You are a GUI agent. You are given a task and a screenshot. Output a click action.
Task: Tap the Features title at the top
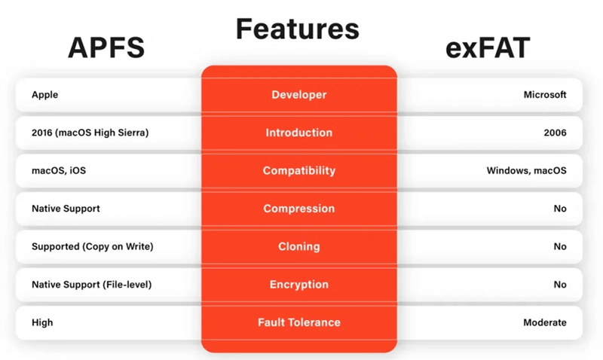pyautogui.click(x=298, y=29)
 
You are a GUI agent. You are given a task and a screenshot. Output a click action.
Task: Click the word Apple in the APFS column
pyautogui.click(x=44, y=95)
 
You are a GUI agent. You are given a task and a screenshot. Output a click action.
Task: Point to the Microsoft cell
pyautogui.click(x=544, y=95)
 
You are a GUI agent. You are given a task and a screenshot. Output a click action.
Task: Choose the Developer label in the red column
pyautogui.click(x=298, y=95)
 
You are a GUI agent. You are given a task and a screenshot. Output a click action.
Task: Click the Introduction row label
pyautogui.click(x=298, y=133)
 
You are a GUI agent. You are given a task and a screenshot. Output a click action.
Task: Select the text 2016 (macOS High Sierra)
pyautogui.click(x=90, y=133)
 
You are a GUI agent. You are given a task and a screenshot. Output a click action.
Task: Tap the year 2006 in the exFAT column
pyautogui.click(x=554, y=133)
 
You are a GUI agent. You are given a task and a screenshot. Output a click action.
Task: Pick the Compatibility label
pyautogui.click(x=298, y=171)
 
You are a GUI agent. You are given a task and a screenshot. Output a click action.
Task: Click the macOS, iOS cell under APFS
pyautogui.click(x=59, y=171)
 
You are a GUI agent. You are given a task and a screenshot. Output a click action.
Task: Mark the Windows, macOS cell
pyautogui.click(x=526, y=171)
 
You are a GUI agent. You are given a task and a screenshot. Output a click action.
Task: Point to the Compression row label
pyautogui.click(x=298, y=209)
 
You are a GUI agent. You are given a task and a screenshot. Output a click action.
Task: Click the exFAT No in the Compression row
pyautogui.click(x=559, y=209)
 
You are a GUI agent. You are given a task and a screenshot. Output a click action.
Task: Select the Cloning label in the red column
pyautogui.click(x=298, y=246)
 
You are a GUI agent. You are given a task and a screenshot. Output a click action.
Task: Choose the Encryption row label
pyautogui.click(x=298, y=285)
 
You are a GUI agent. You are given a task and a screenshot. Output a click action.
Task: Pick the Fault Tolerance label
pyautogui.click(x=298, y=322)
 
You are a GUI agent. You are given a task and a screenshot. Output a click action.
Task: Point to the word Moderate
pyautogui.click(x=544, y=322)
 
